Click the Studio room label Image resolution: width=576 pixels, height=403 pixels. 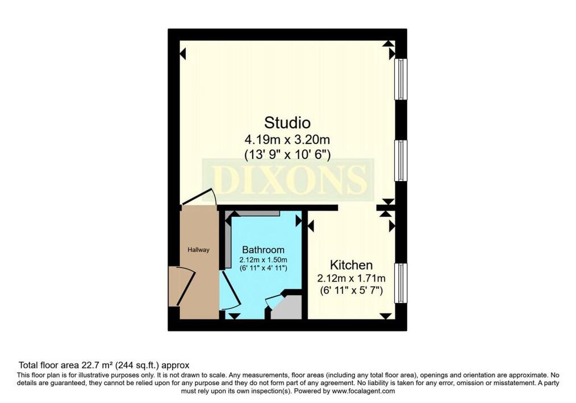pyautogui.click(x=287, y=122)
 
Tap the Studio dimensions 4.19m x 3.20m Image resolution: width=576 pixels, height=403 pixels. pyautogui.click(x=287, y=138)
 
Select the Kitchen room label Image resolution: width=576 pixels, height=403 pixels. pyautogui.click(x=352, y=265)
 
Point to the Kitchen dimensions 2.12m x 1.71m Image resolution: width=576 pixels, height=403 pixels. pyautogui.click(x=352, y=278)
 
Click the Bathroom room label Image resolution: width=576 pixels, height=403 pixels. pyautogui.click(x=263, y=250)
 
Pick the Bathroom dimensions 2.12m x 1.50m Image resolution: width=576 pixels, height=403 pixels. pyautogui.click(x=263, y=260)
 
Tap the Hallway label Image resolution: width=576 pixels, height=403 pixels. pyautogui.click(x=199, y=250)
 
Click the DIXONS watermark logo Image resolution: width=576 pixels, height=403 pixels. pyautogui.click(x=288, y=179)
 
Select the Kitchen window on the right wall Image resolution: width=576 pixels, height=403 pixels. pyautogui.click(x=401, y=283)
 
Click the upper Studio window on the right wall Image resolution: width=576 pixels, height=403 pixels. pyautogui.click(x=401, y=79)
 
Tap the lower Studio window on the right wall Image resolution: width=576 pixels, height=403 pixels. pyautogui.click(x=401, y=161)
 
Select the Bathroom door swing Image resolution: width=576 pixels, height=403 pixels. pyautogui.click(x=229, y=291)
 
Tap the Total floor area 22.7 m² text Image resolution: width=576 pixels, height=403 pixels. pyautogui.click(x=104, y=365)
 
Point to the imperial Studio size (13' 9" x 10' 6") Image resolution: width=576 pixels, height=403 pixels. pyautogui.click(x=287, y=153)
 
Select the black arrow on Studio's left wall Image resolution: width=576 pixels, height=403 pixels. pyautogui.click(x=182, y=54)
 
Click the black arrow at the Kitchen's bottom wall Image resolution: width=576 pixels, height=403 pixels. pyautogui.click(x=386, y=316)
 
